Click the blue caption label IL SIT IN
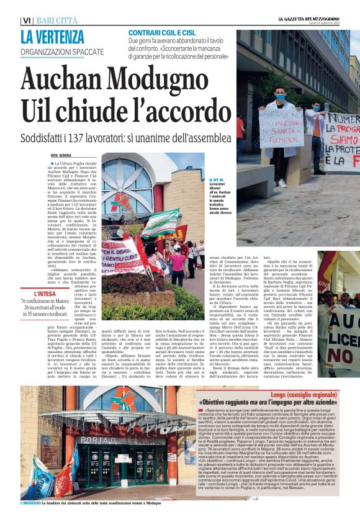click(x=217, y=179)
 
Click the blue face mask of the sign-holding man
click(x=280, y=97)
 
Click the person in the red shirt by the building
click(x=240, y=128)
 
